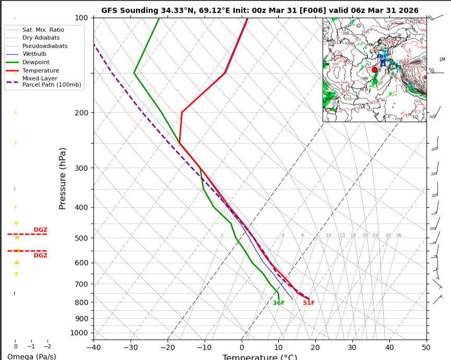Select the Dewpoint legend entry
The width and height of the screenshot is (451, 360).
[x=35, y=62]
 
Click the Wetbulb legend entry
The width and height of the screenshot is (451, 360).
[x=34, y=54]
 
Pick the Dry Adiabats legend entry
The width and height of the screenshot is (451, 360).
[x=41, y=38]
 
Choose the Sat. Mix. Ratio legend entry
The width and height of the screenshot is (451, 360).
[x=43, y=30]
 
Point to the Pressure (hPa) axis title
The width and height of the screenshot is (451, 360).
[x=63, y=178]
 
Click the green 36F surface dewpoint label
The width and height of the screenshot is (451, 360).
[x=279, y=303]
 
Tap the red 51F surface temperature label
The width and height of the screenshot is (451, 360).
[x=309, y=303]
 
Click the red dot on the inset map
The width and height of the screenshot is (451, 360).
[x=374, y=69]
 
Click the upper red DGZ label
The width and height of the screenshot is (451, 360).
[x=40, y=230]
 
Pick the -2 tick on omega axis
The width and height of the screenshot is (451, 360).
[x=46, y=346]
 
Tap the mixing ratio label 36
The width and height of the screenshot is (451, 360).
[x=398, y=235]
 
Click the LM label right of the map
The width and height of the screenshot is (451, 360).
[x=442, y=59]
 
